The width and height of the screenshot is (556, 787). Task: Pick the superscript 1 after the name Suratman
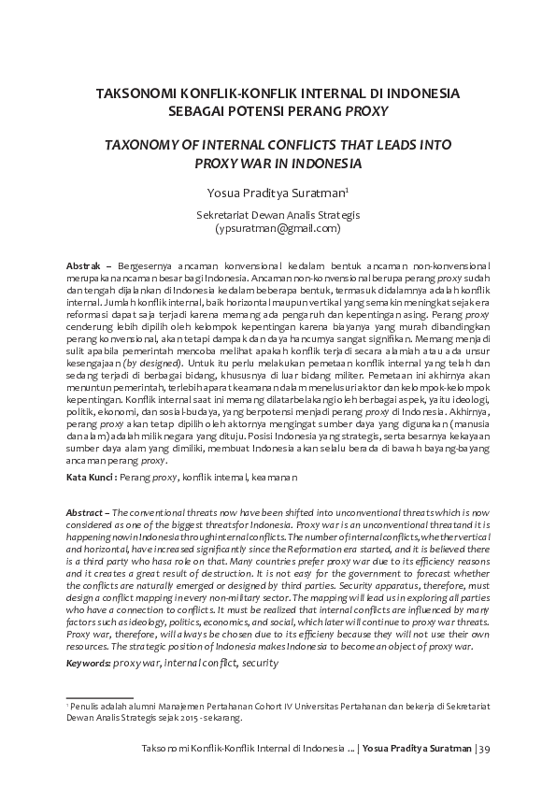point(348,189)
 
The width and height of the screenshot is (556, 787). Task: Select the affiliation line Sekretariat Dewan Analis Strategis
point(278,214)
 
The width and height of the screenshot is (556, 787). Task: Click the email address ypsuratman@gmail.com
point(278,227)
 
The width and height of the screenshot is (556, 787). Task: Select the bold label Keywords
point(88,662)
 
